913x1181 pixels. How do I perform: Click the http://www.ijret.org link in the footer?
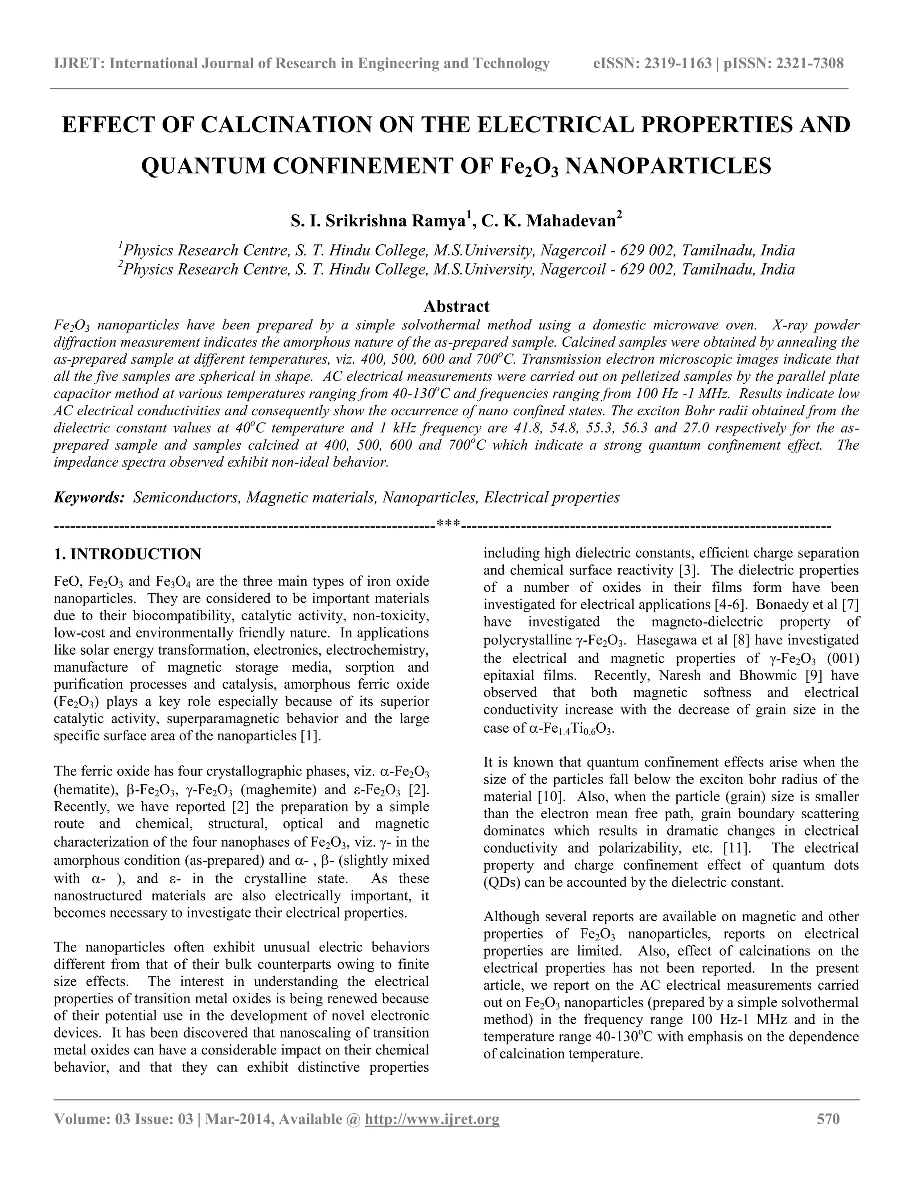pos(432,1119)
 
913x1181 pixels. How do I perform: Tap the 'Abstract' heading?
pos(456,306)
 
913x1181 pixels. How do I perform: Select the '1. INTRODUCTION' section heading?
pos(127,554)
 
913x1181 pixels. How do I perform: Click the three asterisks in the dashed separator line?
pos(448,524)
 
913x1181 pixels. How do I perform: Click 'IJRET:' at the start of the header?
pos(79,64)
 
